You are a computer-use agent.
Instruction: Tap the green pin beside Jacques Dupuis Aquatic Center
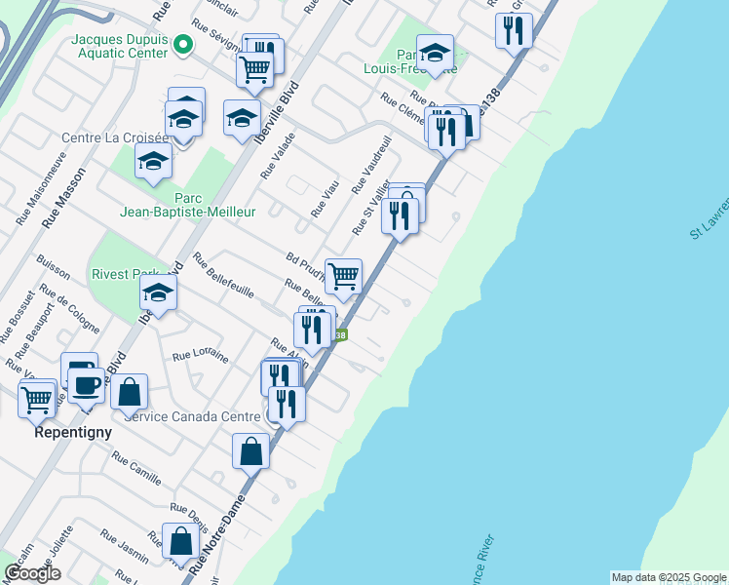(181, 44)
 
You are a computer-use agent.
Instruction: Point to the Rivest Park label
(123, 274)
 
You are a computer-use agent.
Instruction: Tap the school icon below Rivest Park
(158, 292)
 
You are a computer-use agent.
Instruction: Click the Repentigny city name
(73, 431)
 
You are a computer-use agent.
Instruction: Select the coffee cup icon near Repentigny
(86, 384)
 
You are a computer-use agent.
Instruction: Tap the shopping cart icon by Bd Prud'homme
(343, 275)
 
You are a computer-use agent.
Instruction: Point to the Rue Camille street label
(136, 469)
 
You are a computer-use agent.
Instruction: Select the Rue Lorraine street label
(200, 358)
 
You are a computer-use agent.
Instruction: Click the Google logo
(32, 573)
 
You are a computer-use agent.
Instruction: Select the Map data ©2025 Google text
(668, 577)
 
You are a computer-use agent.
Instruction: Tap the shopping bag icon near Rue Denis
(181, 541)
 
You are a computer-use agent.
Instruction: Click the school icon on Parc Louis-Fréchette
(435, 52)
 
